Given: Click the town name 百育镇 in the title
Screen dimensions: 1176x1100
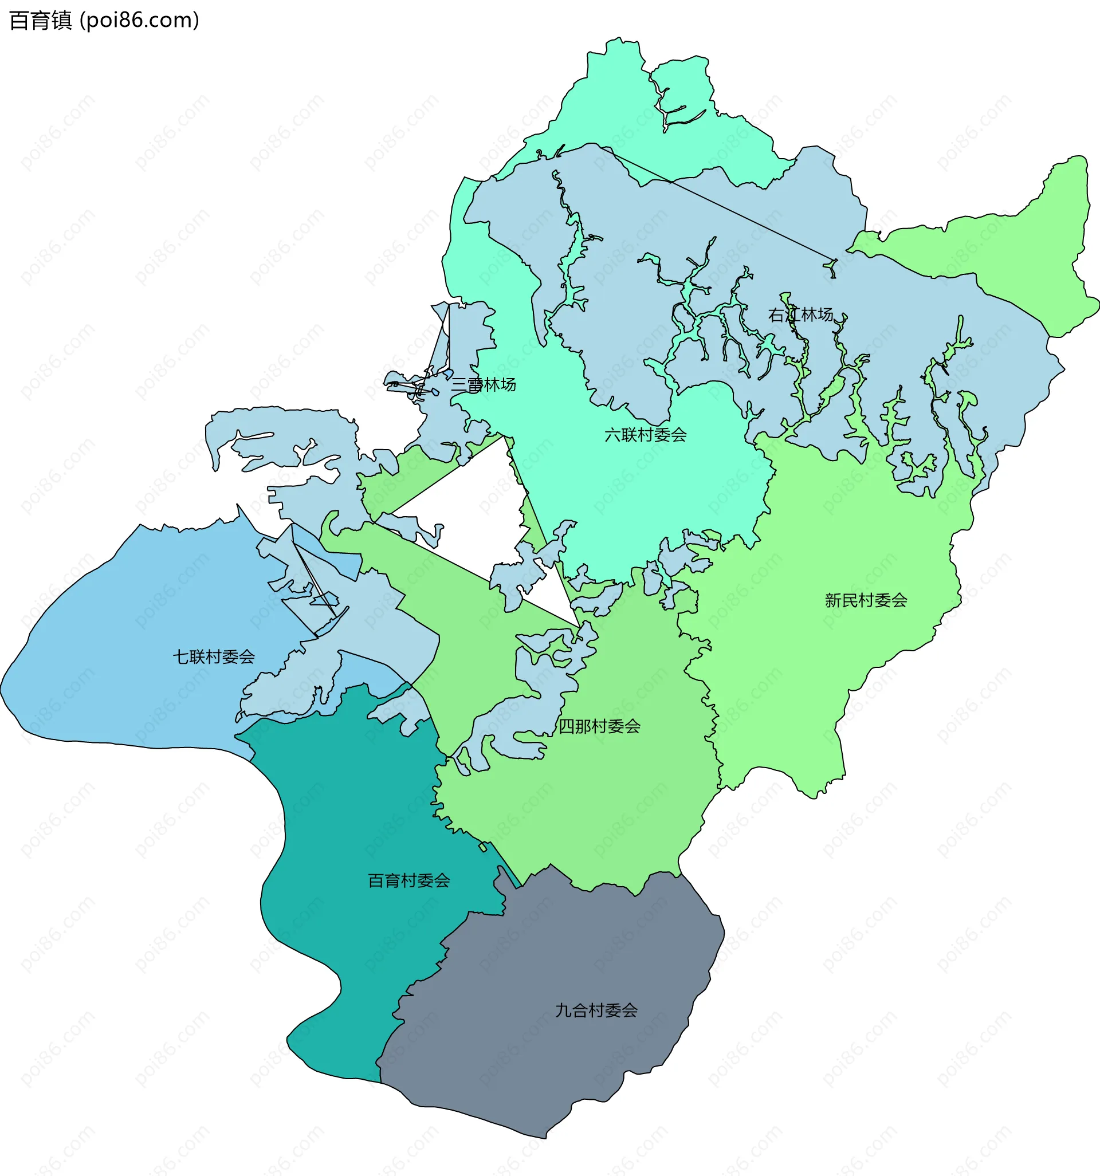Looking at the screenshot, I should click(40, 21).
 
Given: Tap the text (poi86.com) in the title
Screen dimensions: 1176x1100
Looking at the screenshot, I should click(139, 21).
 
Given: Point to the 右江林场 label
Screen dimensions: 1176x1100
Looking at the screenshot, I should click(800, 314).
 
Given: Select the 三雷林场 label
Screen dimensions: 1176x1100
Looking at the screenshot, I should click(484, 385).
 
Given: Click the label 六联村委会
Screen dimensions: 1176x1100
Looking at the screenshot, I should click(645, 435).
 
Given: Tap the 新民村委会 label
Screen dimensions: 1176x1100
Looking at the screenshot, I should click(866, 600).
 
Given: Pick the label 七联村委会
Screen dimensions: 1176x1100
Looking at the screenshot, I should click(214, 656).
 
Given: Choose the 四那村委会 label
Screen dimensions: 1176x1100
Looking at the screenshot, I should click(599, 726).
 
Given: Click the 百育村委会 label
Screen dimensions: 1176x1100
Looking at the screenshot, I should click(409, 881).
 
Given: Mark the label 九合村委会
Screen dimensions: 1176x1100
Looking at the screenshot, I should click(596, 1010).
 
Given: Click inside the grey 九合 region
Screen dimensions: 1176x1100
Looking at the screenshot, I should click(562, 1065).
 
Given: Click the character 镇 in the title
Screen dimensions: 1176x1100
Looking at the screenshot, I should click(61, 21).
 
